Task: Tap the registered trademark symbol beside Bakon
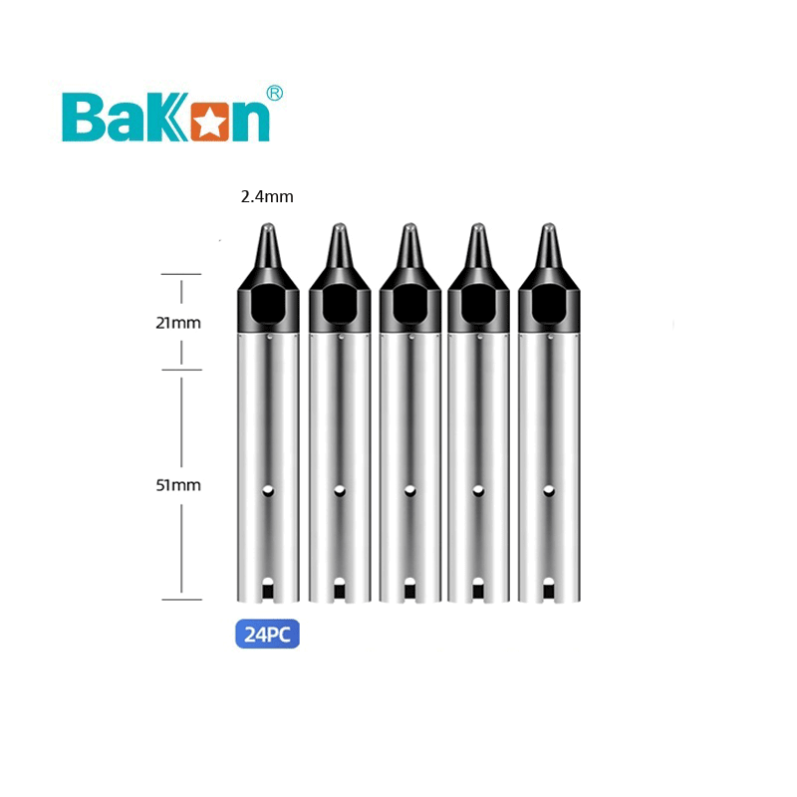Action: (x=275, y=93)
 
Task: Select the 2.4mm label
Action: (x=267, y=197)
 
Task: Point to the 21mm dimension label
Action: (x=179, y=323)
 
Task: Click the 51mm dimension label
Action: (x=179, y=485)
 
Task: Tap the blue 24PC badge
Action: (x=267, y=634)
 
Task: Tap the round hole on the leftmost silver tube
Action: (x=269, y=490)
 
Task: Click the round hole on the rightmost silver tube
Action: (x=548, y=490)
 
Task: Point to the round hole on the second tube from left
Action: (x=339, y=490)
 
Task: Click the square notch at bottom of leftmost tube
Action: (x=269, y=592)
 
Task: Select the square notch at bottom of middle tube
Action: (x=408, y=592)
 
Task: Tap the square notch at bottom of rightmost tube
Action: (x=548, y=592)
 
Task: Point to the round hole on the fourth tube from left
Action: (x=478, y=490)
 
